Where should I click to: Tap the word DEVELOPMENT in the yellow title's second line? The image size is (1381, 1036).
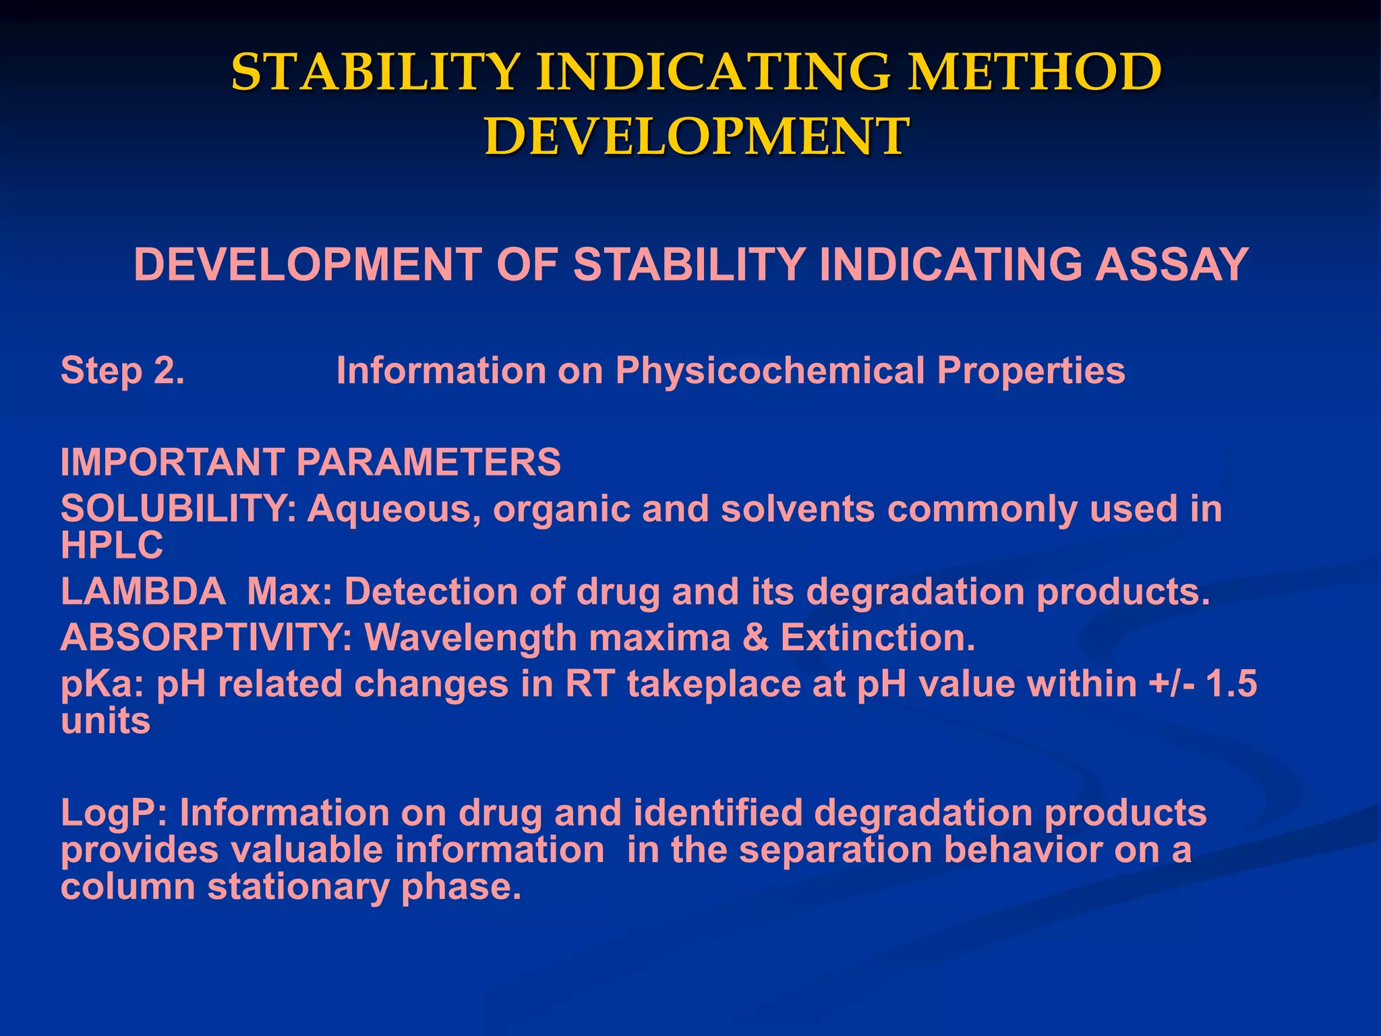pos(697,136)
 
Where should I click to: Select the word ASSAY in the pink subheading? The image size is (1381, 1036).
pos(1171,264)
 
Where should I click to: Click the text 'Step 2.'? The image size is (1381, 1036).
pos(123,371)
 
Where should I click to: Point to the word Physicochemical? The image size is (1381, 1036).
pos(769,371)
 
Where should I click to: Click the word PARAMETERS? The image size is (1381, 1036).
pos(428,463)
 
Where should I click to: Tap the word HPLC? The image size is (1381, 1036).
pos(112,545)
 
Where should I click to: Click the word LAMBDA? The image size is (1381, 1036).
pos(143,592)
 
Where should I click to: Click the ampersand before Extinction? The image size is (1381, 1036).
pos(755,637)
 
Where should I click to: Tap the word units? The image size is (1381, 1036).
pos(105,722)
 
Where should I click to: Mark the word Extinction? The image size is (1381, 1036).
pos(878,637)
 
